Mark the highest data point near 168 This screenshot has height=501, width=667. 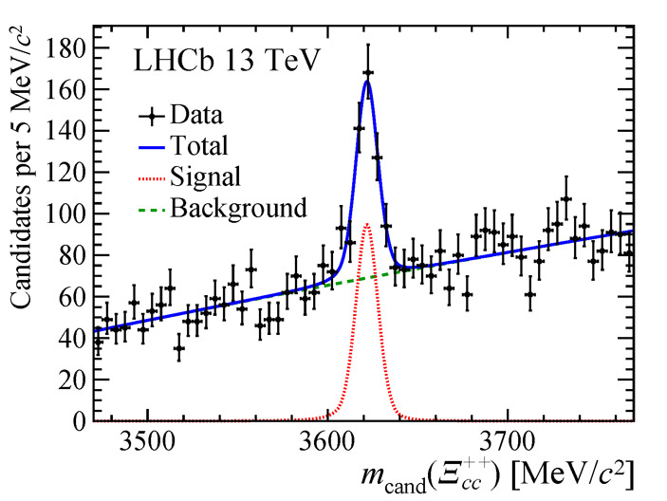pos(368,73)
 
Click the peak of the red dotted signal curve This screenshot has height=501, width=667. pos(367,224)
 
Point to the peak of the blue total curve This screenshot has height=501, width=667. pos(367,81)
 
